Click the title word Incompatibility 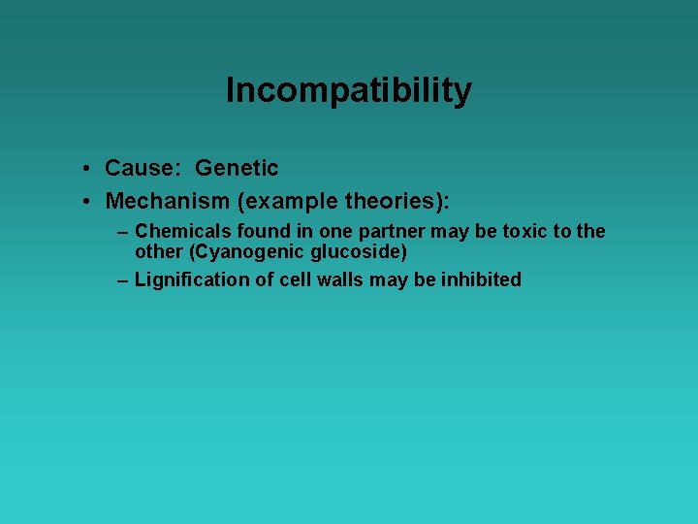coord(349,91)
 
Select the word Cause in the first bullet coord(141,168)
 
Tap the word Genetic coord(237,168)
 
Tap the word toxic coord(523,231)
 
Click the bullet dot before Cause coord(87,169)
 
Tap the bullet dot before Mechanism coord(87,202)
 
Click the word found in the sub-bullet coord(250,231)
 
